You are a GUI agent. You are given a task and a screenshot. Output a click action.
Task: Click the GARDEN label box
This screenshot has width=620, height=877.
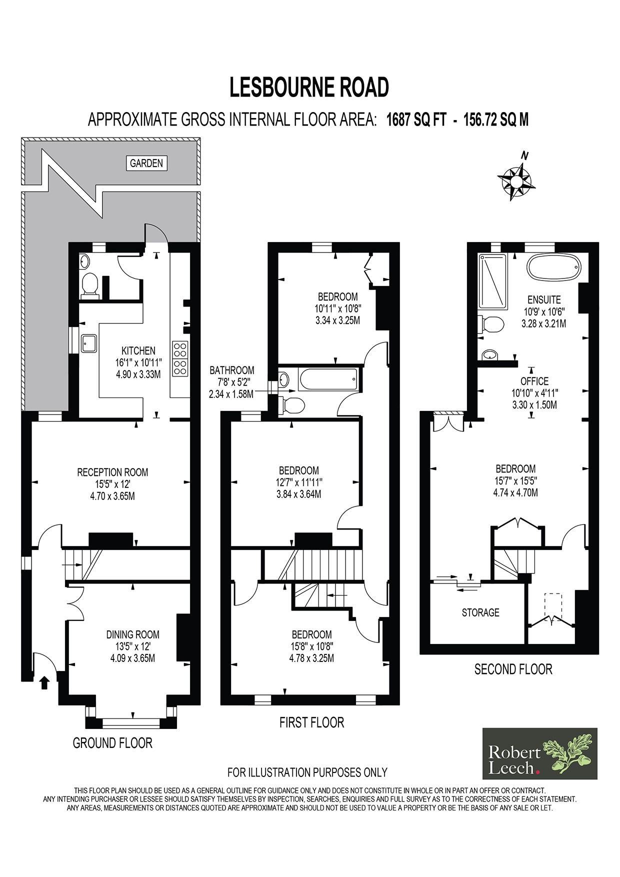tap(146, 163)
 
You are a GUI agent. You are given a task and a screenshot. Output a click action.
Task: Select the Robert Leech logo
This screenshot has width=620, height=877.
tap(539, 753)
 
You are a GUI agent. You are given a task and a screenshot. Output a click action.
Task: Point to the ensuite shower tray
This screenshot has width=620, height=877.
tap(492, 281)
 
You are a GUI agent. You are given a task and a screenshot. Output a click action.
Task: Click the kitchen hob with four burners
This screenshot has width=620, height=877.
tap(180, 358)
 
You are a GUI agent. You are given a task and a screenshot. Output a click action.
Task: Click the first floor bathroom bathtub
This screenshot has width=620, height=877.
tap(328, 380)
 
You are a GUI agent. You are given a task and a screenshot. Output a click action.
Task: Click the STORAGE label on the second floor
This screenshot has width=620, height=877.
tap(480, 612)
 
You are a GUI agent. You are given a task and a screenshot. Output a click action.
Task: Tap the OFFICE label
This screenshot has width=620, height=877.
tap(534, 381)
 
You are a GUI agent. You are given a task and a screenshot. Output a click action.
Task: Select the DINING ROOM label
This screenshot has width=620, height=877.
tap(132, 634)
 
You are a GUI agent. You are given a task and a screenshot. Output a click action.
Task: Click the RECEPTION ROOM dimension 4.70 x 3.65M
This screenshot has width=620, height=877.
tap(112, 496)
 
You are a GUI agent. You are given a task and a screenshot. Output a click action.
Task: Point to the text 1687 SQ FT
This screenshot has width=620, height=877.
tap(415, 120)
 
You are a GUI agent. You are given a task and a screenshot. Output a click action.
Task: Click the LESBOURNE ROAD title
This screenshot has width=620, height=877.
tap(309, 87)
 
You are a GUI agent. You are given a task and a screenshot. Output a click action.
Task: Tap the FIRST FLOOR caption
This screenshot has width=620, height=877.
tap(311, 722)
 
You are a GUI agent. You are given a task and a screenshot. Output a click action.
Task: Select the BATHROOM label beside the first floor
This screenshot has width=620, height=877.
tap(231, 370)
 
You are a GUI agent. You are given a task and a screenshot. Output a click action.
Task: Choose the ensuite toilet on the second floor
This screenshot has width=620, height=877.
tap(490, 325)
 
